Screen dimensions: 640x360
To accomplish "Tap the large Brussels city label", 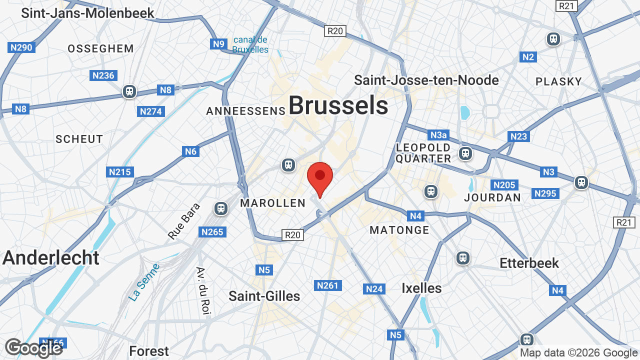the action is click(338, 106).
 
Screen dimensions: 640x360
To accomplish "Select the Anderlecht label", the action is click(51, 258).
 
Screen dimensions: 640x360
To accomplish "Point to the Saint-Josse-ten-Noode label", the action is click(426, 80).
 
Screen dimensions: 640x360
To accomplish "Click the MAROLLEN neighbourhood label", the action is click(272, 202).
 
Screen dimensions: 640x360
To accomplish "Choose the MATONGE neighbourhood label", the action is click(399, 230).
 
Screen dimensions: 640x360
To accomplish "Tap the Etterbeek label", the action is click(529, 263).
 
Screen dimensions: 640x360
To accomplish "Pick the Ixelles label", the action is click(421, 288).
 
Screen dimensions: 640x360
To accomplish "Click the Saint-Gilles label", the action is click(264, 296).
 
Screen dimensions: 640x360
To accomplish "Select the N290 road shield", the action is click(21, 47).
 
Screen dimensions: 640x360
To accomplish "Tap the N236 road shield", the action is click(103, 75).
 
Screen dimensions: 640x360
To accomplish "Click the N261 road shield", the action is click(327, 285).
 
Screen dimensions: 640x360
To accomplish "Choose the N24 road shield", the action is click(374, 288).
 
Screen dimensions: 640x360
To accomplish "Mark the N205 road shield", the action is click(503, 185).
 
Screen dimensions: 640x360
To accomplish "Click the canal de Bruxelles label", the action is click(250, 44).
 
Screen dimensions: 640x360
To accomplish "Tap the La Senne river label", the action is click(144, 282).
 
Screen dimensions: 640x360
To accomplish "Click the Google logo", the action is click(33, 348).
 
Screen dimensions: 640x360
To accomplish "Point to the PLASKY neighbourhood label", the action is click(558, 81).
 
